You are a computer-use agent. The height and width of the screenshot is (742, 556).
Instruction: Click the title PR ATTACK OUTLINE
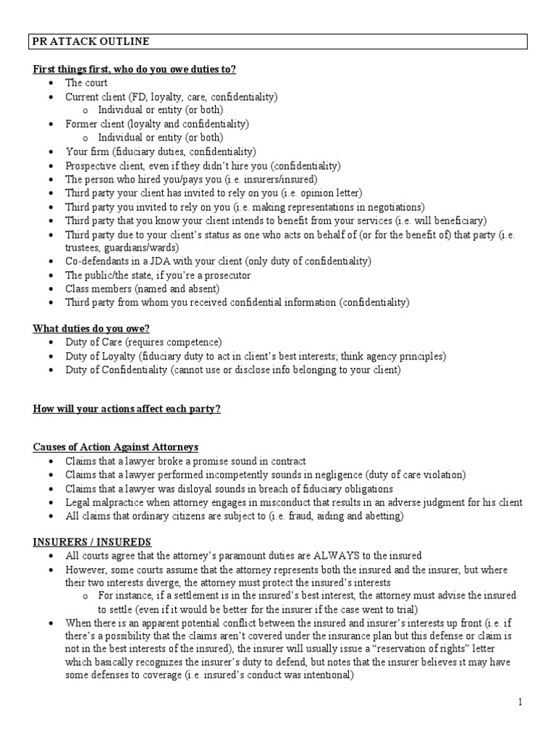pos(91,42)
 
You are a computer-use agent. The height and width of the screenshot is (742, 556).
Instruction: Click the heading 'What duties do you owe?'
pos(90,328)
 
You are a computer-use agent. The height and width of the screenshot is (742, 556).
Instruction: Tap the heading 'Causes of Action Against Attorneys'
pos(115,446)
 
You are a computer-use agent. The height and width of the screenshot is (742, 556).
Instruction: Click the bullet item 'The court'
pos(87,83)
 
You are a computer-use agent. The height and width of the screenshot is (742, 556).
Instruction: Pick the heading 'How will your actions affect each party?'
pos(127,409)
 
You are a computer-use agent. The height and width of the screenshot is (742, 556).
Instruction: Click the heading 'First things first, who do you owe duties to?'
pos(135,69)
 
